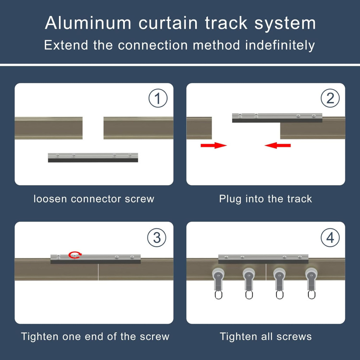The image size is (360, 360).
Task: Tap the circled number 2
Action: tap(330, 99)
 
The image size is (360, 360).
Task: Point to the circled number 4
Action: tap(330, 238)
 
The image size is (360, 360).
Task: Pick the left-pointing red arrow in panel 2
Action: tap(278, 145)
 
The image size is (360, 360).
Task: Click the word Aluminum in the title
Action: tap(88, 24)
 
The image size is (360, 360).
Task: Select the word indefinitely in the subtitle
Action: tap(280, 45)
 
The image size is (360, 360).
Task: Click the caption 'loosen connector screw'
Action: tap(94, 199)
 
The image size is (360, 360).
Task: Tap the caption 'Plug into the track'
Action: tap(265, 199)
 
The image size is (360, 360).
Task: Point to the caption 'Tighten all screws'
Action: tap(266, 336)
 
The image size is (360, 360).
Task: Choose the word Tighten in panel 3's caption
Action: tap(39, 336)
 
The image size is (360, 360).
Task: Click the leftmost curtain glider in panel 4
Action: tap(218, 282)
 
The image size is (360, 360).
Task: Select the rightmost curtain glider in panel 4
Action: tap(311, 282)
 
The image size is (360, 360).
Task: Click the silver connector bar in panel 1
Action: tap(93, 157)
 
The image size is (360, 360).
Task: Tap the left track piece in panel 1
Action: tap(49, 128)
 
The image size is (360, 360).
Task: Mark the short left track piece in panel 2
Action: tap(199, 128)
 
